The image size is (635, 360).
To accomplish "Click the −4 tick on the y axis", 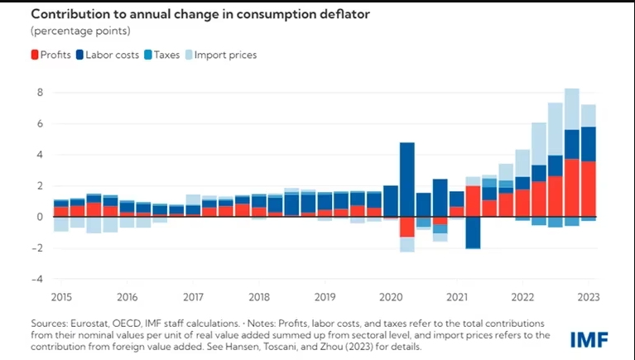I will point(36,279).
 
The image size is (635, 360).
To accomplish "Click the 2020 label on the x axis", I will point(390,296).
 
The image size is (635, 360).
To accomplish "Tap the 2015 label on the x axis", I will point(60,296).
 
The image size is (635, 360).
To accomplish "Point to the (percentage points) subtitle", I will point(81,31).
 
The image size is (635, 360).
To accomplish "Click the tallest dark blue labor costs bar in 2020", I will point(406,179).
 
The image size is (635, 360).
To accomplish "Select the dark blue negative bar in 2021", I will point(473,233).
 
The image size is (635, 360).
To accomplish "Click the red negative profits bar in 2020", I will point(406,227).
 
